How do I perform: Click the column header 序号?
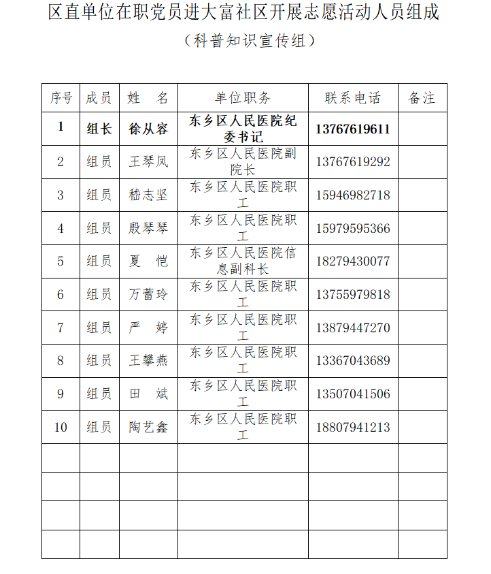click(61, 98)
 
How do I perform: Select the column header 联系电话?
click(353, 98)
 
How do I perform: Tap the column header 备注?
click(422, 98)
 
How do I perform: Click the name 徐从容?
click(148, 129)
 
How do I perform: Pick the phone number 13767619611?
click(353, 129)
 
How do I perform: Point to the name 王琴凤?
click(148, 162)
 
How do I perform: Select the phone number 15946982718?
click(353, 195)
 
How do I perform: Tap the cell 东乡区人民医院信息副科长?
click(243, 261)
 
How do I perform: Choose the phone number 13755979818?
click(353, 295)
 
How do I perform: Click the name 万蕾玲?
click(148, 295)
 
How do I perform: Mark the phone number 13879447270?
click(353, 328)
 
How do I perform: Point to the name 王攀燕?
click(148, 361)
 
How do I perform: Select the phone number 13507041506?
click(353, 394)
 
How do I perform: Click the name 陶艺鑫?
click(148, 428)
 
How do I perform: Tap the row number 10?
click(61, 428)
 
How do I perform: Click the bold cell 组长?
click(99, 129)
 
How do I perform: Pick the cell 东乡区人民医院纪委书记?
click(243, 129)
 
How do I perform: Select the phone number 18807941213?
click(353, 428)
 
